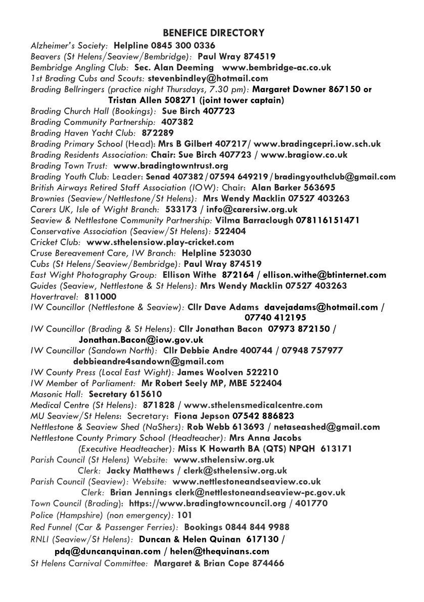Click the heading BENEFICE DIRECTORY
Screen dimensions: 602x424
213,33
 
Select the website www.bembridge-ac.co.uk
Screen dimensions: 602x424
276,67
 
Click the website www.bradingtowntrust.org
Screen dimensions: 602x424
171,165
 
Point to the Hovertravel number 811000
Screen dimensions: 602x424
100,297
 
